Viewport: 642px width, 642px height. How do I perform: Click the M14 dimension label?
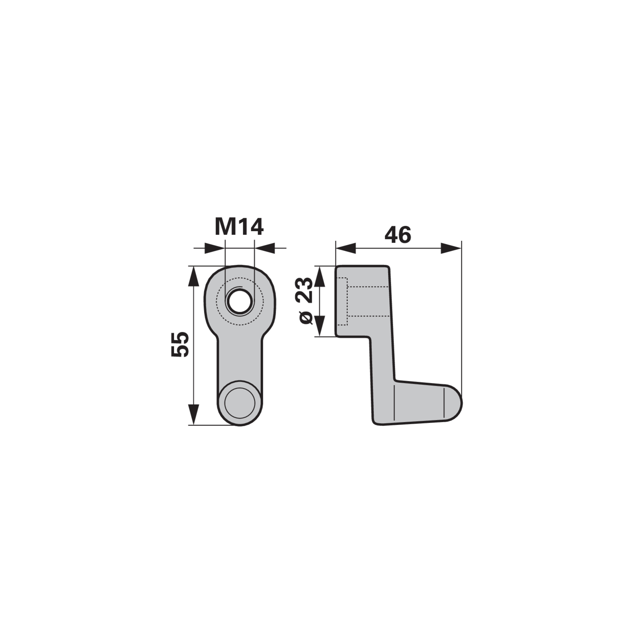(x=239, y=227)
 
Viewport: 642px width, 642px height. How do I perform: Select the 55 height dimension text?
(x=179, y=344)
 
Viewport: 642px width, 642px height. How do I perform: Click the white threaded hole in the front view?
(x=240, y=301)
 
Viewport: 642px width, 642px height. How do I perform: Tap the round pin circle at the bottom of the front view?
(x=240, y=403)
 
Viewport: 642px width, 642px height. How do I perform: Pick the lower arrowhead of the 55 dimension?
(x=194, y=414)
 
